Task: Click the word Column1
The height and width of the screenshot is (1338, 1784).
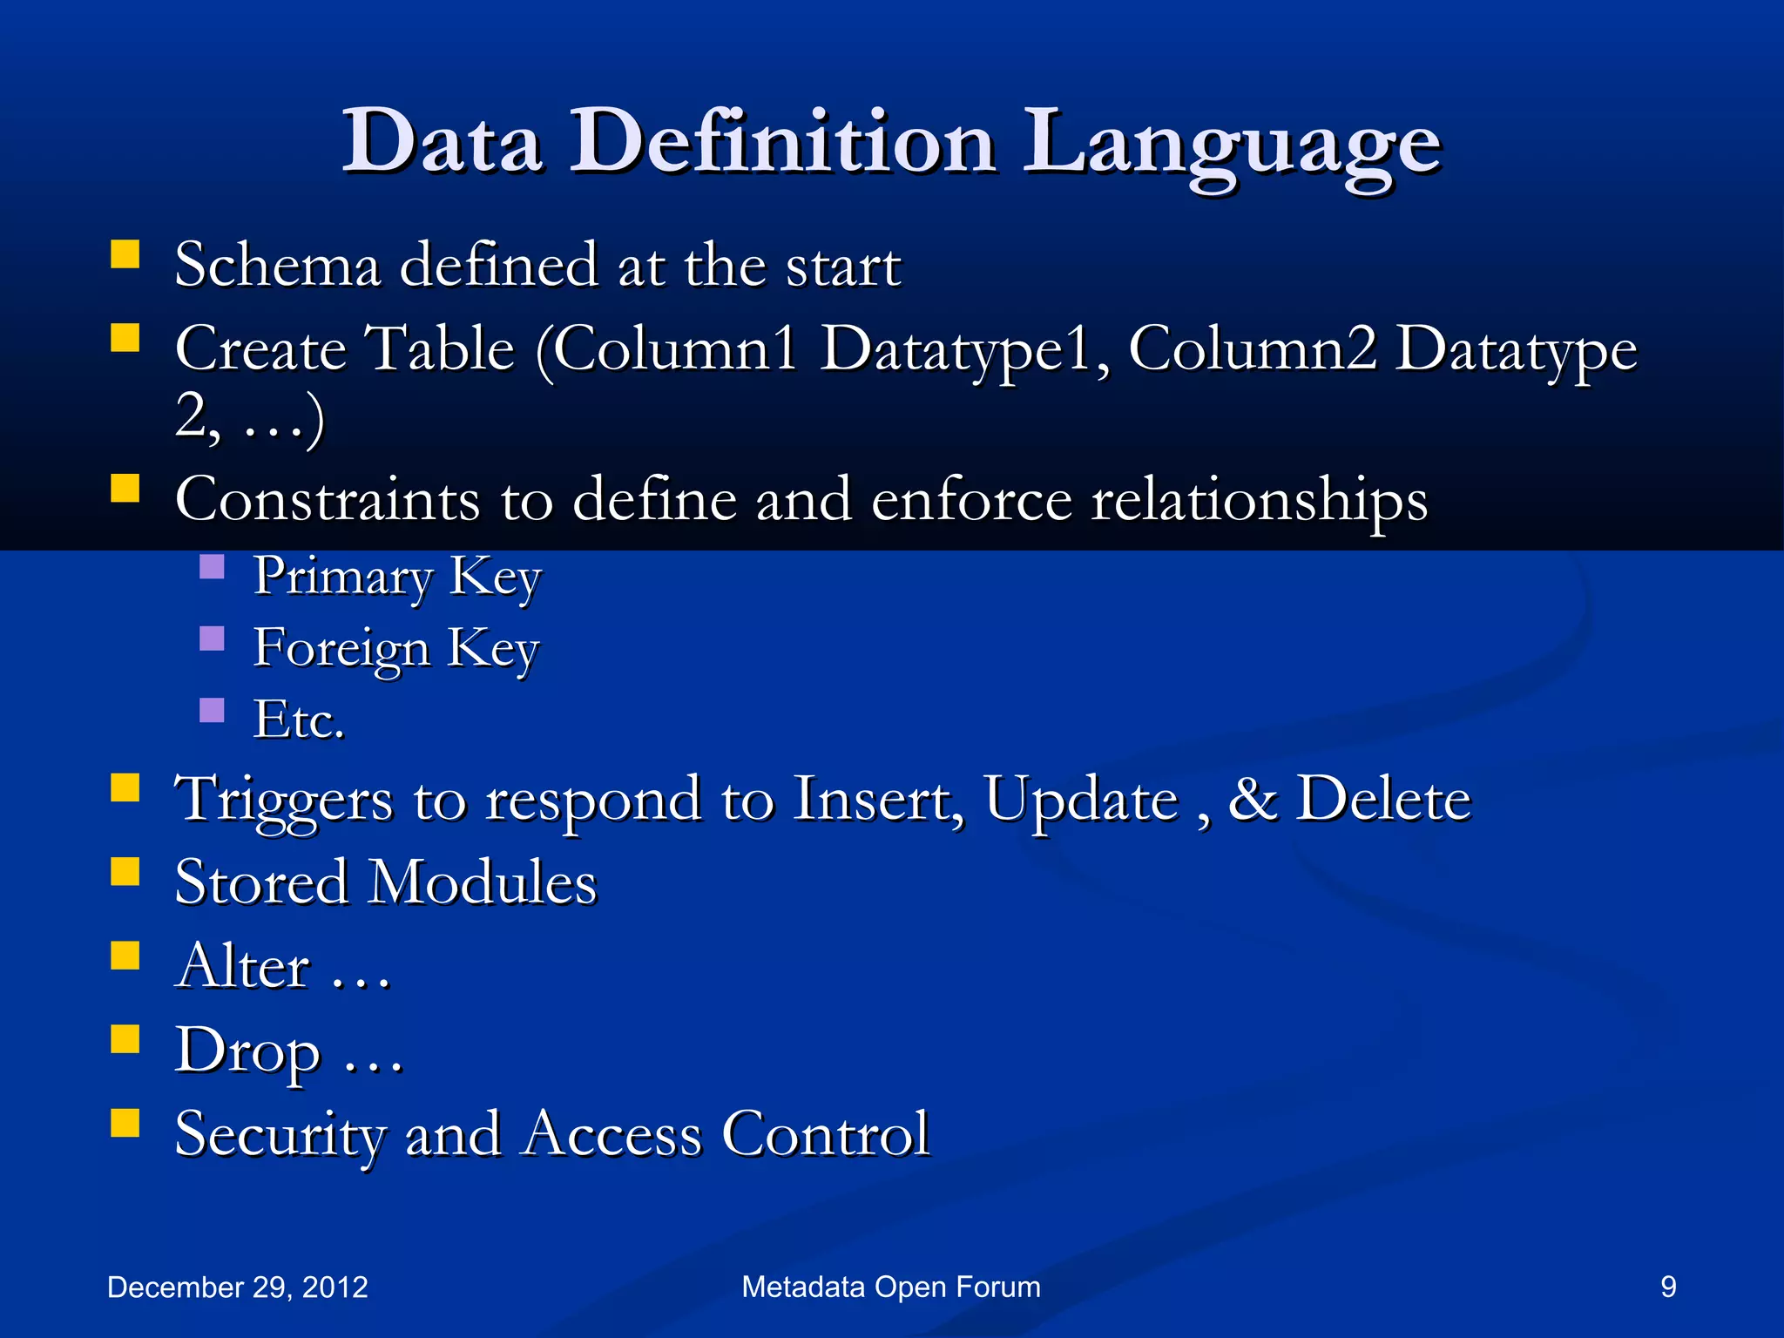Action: tap(675, 348)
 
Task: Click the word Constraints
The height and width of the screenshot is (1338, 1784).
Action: tap(328, 500)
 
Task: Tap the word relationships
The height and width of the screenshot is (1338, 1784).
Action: tap(1259, 502)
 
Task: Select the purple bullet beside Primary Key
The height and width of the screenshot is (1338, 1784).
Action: tap(212, 567)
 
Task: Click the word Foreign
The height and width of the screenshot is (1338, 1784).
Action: tap(341, 649)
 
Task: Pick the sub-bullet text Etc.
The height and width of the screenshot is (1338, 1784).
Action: tap(299, 720)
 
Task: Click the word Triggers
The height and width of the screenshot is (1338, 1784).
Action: tap(284, 800)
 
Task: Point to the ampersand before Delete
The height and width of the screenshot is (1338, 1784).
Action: tap(1252, 799)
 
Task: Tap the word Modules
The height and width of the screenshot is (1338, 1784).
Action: tap(483, 882)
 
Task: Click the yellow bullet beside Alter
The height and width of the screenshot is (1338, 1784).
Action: tap(125, 955)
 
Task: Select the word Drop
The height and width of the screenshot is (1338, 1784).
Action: tap(247, 1051)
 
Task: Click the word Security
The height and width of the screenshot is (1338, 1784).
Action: tap(280, 1135)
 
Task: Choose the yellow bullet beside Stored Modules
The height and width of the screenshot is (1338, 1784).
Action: tap(125, 871)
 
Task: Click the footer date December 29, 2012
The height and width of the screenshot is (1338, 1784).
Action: tap(237, 1287)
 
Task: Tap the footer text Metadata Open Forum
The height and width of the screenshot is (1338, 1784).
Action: tap(891, 1287)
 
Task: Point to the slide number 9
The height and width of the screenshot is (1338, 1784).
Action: tap(1668, 1287)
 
